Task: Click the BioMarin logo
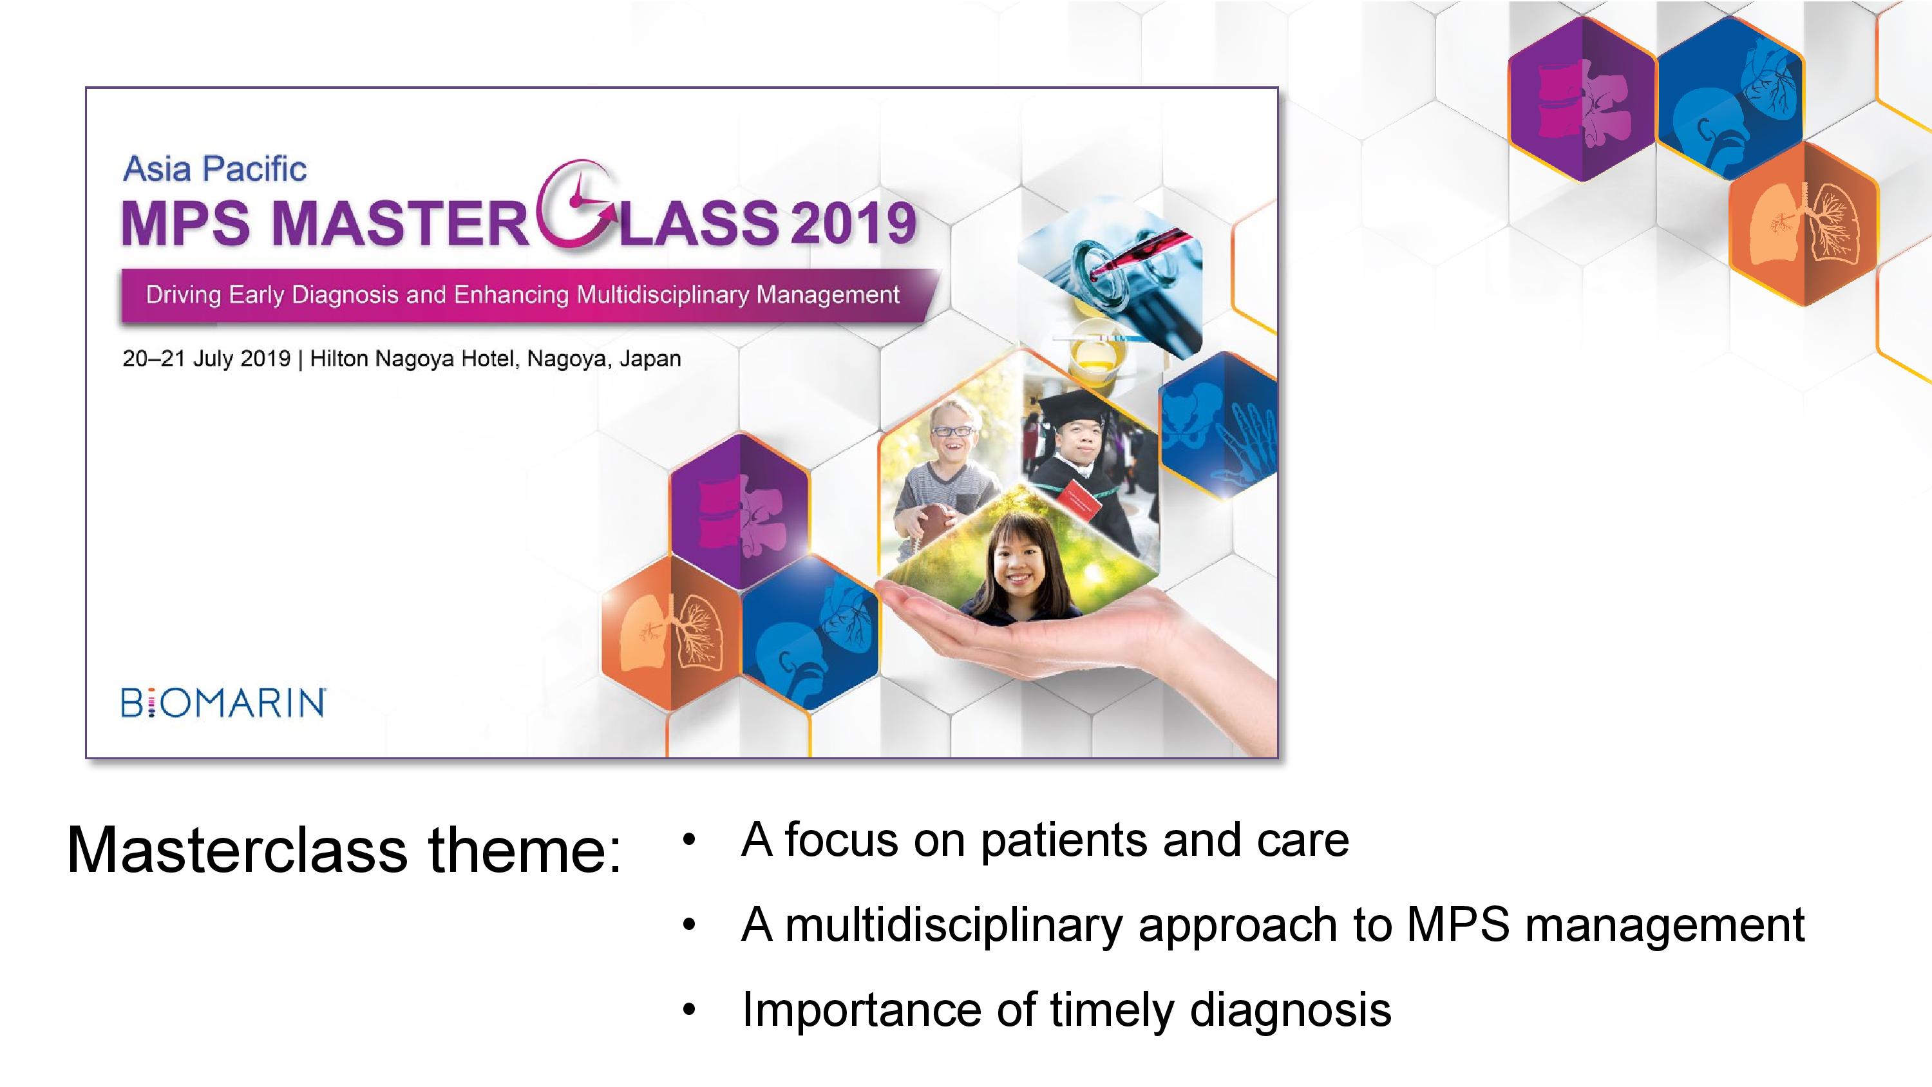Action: (223, 703)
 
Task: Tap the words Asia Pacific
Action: (214, 169)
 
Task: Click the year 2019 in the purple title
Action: (853, 223)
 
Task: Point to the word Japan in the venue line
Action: (650, 359)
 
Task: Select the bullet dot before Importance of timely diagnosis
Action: (689, 1010)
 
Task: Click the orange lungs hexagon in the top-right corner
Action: (1804, 223)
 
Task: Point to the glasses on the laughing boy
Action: (952, 431)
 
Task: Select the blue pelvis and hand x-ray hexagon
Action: (1218, 426)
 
